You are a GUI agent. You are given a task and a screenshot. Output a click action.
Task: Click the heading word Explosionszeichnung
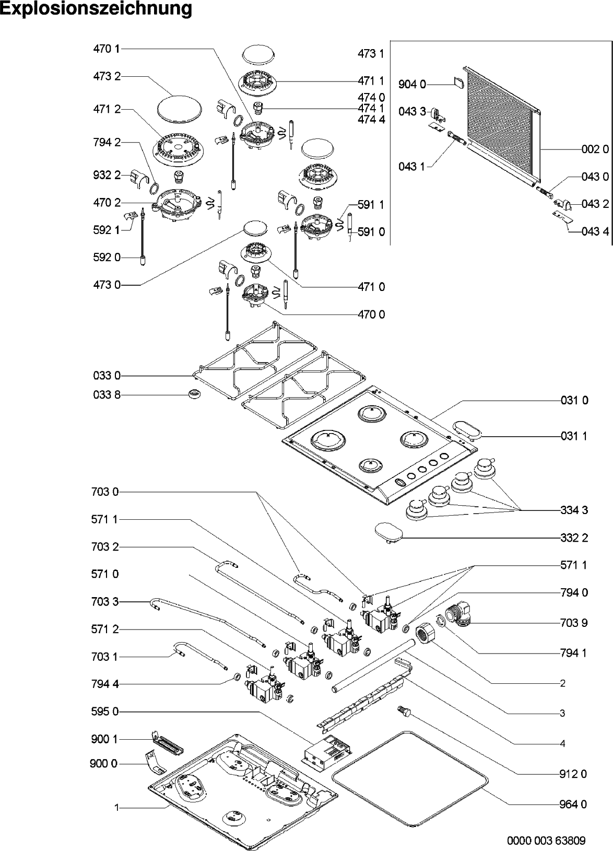[x=96, y=9]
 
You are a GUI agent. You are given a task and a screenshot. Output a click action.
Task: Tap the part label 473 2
[x=107, y=76]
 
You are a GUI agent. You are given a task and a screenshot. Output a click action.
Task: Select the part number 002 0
[x=595, y=149]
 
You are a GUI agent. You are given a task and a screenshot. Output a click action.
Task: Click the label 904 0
[x=412, y=84]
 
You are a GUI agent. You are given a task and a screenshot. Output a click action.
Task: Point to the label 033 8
[x=107, y=395]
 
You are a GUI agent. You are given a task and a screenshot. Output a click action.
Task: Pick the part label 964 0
[x=573, y=805]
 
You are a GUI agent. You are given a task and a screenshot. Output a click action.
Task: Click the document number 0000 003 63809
[x=546, y=841]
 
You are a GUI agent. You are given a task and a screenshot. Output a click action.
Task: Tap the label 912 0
[x=573, y=774]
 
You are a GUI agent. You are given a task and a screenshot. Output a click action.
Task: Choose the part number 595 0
[x=107, y=712]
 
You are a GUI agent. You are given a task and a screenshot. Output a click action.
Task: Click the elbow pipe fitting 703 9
[x=459, y=613]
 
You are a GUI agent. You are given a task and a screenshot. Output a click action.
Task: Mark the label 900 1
[x=107, y=739]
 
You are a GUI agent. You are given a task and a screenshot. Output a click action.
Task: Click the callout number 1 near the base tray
[x=117, y=808]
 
